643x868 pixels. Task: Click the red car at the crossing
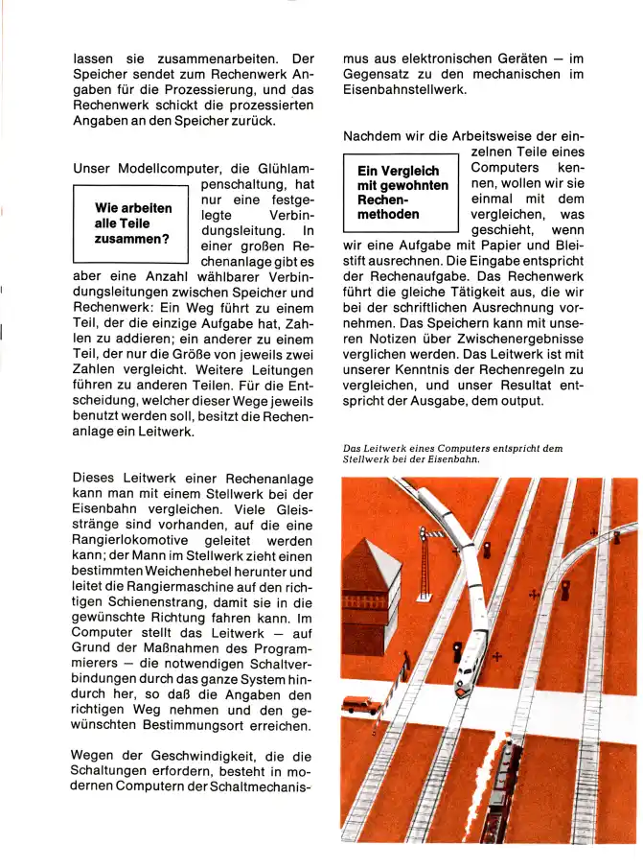click(361, 706)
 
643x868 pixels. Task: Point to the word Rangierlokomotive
click(138, 542)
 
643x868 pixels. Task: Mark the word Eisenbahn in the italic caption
click(447, 459)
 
